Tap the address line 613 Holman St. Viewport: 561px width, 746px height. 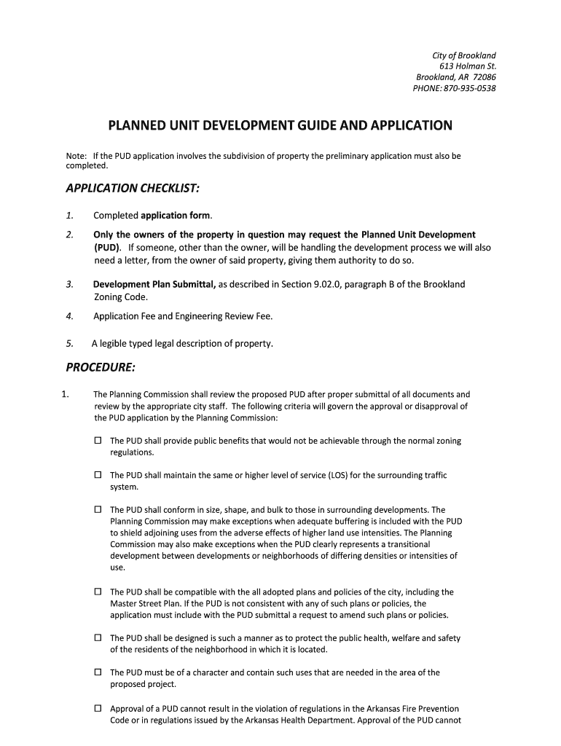pyautogui.click(x=473, y=66)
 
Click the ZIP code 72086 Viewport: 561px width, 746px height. pyautogui.click(x=484, y=77)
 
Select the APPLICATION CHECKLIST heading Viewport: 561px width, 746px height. pyautogui.click(x=132, y=189)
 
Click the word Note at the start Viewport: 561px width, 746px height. pyautogui.click(x=75, y=156)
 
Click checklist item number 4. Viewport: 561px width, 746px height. pyautogui.click(x=69, y=316)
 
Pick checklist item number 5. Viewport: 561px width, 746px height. pyautogui.click(x=69, y=343)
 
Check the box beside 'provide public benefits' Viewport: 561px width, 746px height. pyautogui.click(x=98, y=441)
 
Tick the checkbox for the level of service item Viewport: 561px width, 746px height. pyautogui.click(x=98, y=475)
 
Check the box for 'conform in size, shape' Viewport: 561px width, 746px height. pyautogui.click(x=98, y=510)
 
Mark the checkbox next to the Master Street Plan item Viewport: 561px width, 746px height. pyautogui.click(x=98, y=592)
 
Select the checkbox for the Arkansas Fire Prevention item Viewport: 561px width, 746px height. pyautogui.click(x=98, y=708)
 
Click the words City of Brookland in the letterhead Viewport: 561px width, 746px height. pyautogui.click(x=464, y=55)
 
